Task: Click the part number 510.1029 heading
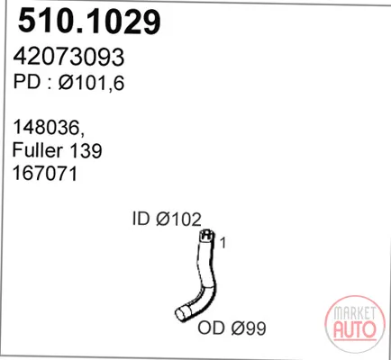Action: click(89, 21)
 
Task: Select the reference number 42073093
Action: click(68, 57)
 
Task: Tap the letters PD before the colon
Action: click(27, 82)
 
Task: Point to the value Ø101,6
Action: click(91, 82)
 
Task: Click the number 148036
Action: click(45, 127)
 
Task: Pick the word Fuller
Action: click(38, 150)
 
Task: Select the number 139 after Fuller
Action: click(86, 150)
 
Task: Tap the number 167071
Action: click(45, 174)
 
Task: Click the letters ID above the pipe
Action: click(141, 219)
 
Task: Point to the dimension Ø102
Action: click(178, 220)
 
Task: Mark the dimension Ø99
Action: click(249, 328)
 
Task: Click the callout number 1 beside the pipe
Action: click(223, 243)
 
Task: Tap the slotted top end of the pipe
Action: click(206, 235)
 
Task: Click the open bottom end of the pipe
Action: click(181, 314)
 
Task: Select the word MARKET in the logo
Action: click(354, 313)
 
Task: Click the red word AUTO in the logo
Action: click(354, 328)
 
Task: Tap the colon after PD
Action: click(49, 84)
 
